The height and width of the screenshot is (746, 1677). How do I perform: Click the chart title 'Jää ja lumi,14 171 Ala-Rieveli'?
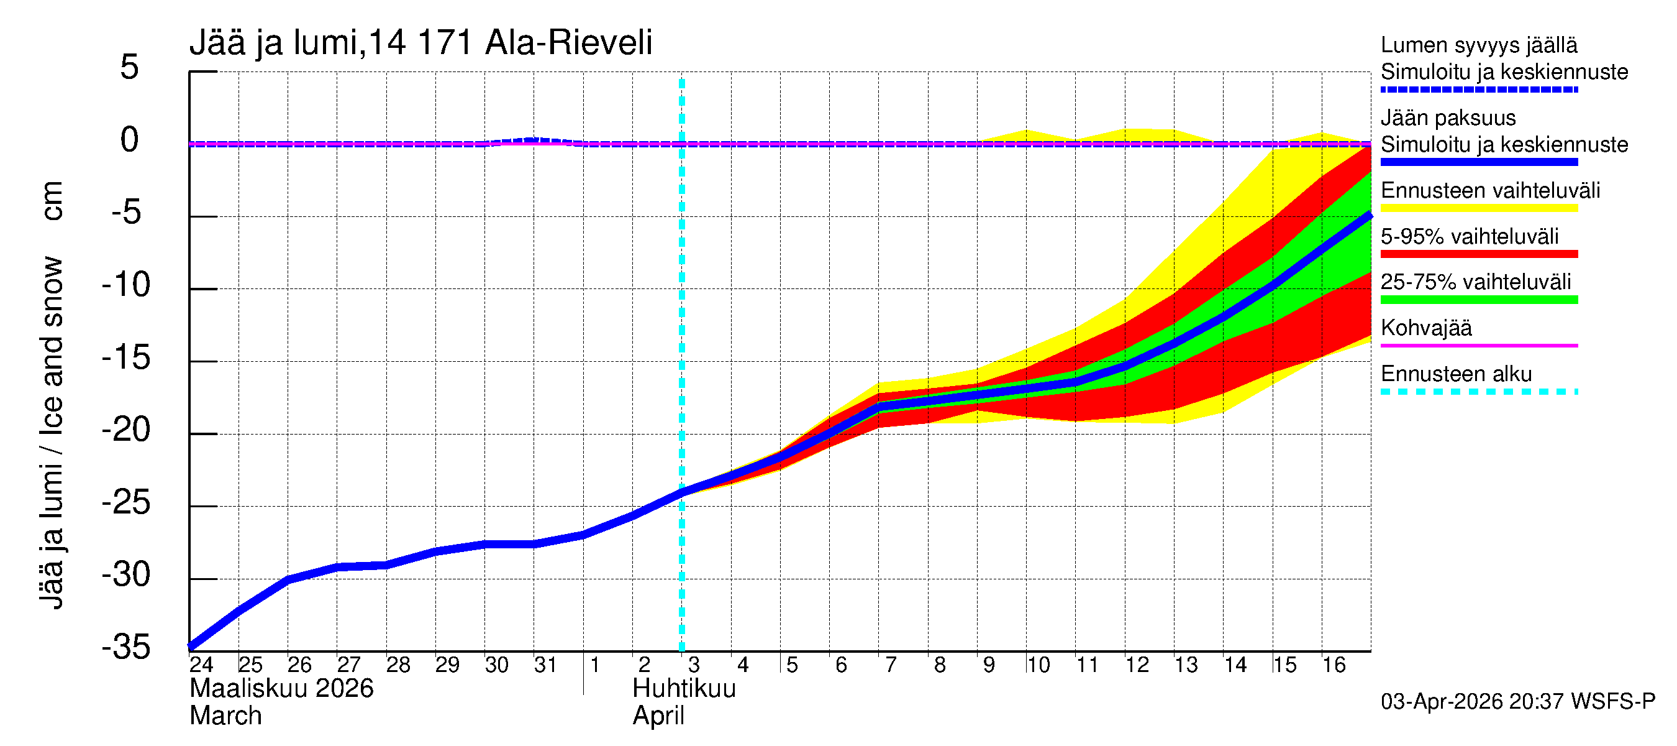tap(420, 43)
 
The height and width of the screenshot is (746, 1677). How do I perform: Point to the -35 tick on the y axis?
tap(126, 647)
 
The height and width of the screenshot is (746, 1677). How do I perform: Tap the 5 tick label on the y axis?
tap(130, 67)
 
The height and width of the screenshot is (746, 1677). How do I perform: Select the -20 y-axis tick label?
tap(126, 430)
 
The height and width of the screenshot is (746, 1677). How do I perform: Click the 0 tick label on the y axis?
tap(130, 140)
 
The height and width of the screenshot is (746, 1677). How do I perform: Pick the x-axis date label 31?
tap(545, 665)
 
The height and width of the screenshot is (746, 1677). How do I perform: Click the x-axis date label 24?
tap(201, 665)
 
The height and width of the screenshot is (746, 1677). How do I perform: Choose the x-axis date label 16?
tap(1334, 665)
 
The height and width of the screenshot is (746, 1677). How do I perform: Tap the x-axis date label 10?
tap(1038, 665)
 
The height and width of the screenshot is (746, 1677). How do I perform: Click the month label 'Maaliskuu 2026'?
tap(281, 689)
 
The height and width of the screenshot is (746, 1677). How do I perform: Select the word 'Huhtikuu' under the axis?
tap(684, 689)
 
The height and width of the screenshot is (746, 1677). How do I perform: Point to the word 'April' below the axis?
tap(658, 716)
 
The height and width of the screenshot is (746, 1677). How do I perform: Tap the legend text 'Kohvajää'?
tap(1425, 328)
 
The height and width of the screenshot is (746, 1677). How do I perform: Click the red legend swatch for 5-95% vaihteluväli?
tap(1478, 254)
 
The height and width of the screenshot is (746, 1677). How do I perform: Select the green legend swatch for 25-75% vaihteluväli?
tap(1478, 300)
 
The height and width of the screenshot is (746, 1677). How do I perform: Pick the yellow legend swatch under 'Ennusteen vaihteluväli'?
tap(1478, 208)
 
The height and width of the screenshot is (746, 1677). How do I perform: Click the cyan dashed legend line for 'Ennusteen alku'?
tap(1478, 392)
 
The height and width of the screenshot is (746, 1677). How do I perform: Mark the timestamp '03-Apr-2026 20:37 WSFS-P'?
tap(1517, 702)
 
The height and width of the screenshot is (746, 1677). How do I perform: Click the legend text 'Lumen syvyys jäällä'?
tap(1478, 45)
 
